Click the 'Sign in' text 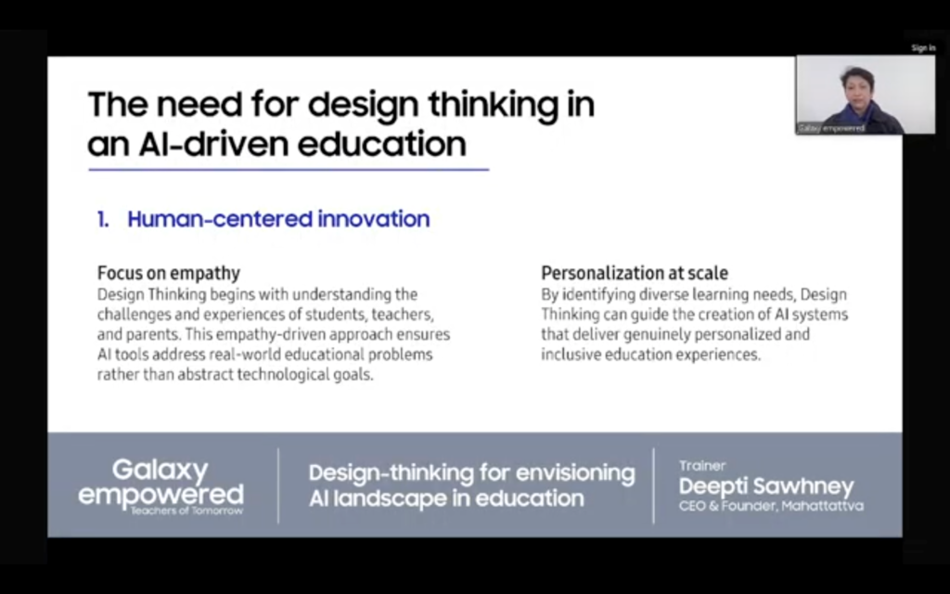click(923, 48)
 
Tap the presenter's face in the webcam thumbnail click(855, 88)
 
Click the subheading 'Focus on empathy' click(169, 274)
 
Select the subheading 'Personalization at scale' click(635, 274)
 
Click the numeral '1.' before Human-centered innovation click(103, 219)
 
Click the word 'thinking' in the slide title click(494, 104)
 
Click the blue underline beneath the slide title click(289, 170)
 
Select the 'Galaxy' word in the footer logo click(160, 471)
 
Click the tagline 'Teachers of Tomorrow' click(186, 510)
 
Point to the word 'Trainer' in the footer click(702, 466)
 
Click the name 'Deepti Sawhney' click(766, 486)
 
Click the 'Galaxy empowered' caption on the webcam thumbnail click(830, 128)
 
